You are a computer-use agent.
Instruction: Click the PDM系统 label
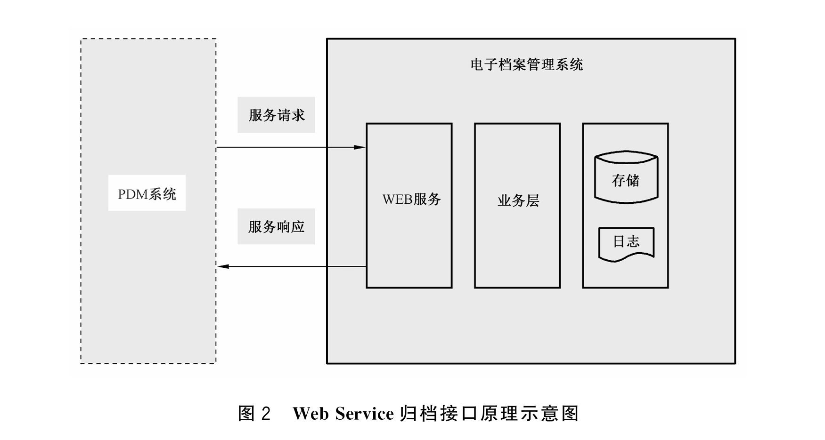tap(147, 193)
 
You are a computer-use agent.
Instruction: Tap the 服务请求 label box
tap(276, 115)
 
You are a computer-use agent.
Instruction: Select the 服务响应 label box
tap(276, 226)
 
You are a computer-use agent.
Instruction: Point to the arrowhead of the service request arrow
tap(360, 147)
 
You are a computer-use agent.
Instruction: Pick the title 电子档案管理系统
tap(526, 64)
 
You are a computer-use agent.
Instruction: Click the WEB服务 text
tap(411, 199)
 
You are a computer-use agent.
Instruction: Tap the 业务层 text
tap(518, 201)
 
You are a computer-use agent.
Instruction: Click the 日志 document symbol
tap(626, 243)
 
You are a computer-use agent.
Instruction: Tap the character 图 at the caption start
tap(246, 414)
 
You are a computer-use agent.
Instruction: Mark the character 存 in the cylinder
tap(619, 180)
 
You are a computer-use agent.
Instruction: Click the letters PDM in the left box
tap(132, 194)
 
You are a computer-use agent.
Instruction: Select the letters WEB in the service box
tap(397, 200)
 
